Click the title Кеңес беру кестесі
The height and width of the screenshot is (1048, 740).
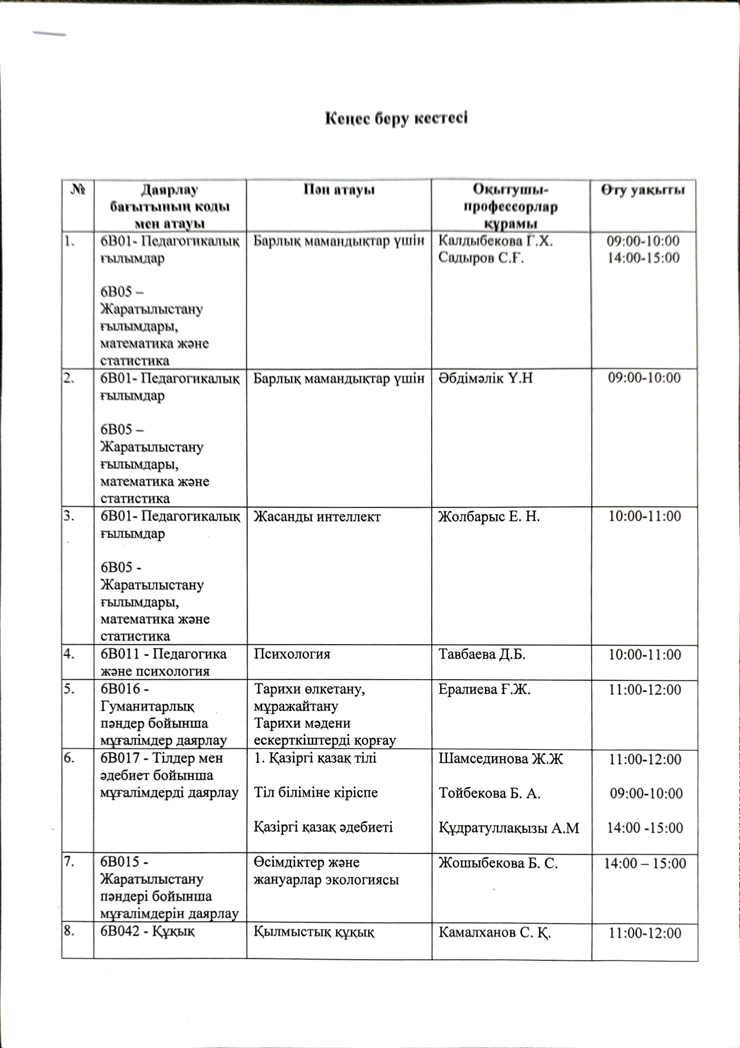point(396,119)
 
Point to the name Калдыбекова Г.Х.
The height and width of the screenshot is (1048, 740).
point(496,240)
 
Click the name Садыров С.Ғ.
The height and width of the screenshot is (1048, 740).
point(481,258)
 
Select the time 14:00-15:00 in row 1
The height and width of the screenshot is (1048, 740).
point(643,258)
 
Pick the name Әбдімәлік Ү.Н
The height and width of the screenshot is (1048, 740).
point(486,378)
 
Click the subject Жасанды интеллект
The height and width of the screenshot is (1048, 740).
point(317,517)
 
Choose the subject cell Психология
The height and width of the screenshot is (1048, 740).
point(292,655)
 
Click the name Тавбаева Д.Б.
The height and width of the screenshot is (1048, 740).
point(482,655)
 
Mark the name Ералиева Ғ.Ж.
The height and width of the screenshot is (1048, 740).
point(484,690)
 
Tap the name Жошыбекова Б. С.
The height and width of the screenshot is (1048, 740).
point(498,863)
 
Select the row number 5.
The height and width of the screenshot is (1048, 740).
point(70,690)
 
